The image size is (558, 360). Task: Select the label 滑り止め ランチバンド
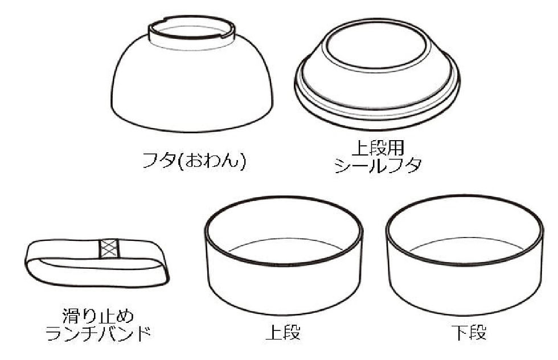point(97,324)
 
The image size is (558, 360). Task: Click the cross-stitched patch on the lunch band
point(108,249)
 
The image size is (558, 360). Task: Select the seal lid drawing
point(378,74)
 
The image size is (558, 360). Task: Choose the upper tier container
point(284,256)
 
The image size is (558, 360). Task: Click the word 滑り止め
point(97,315)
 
